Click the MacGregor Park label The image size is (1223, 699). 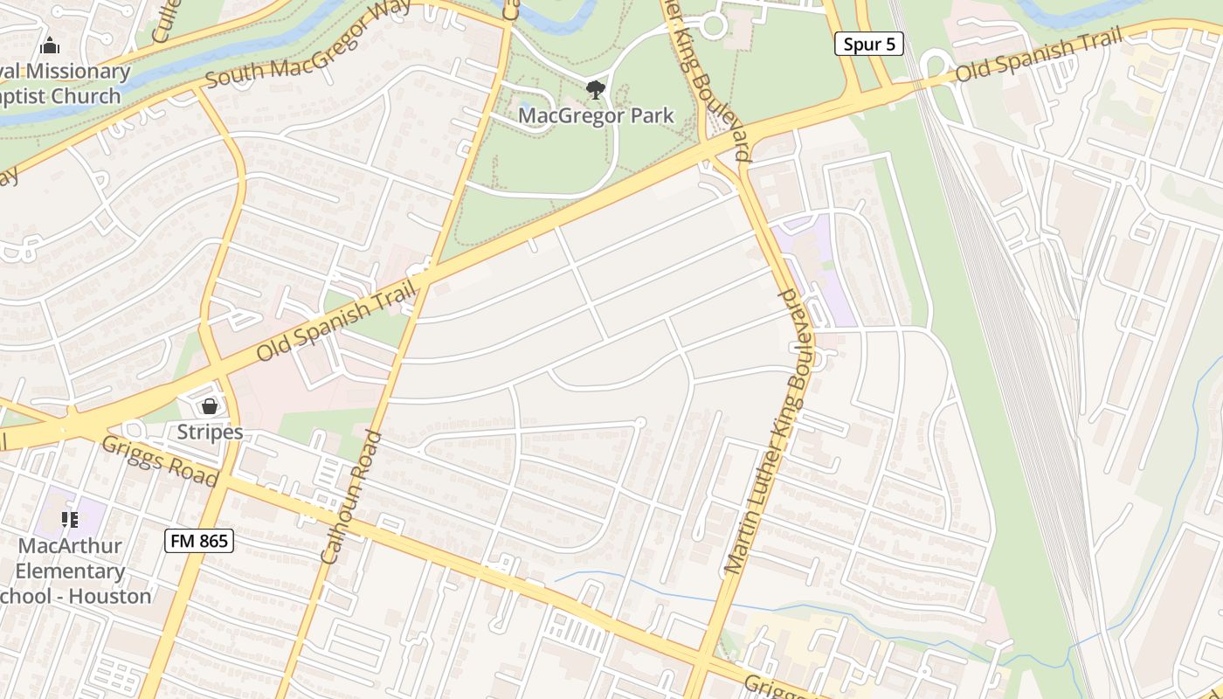click(596, 115)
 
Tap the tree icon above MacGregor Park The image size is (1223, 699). click(596, 89)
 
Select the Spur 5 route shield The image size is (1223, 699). click(869, 44)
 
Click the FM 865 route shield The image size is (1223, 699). click(199, 541)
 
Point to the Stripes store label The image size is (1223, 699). click(210, 432)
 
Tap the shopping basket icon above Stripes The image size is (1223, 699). click(210, 406)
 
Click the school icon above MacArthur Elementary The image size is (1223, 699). click(71, 521)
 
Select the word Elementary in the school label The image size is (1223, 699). click(71, 571)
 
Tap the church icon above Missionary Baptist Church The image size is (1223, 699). click(50, 45)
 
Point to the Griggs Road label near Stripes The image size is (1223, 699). click(158, 460)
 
